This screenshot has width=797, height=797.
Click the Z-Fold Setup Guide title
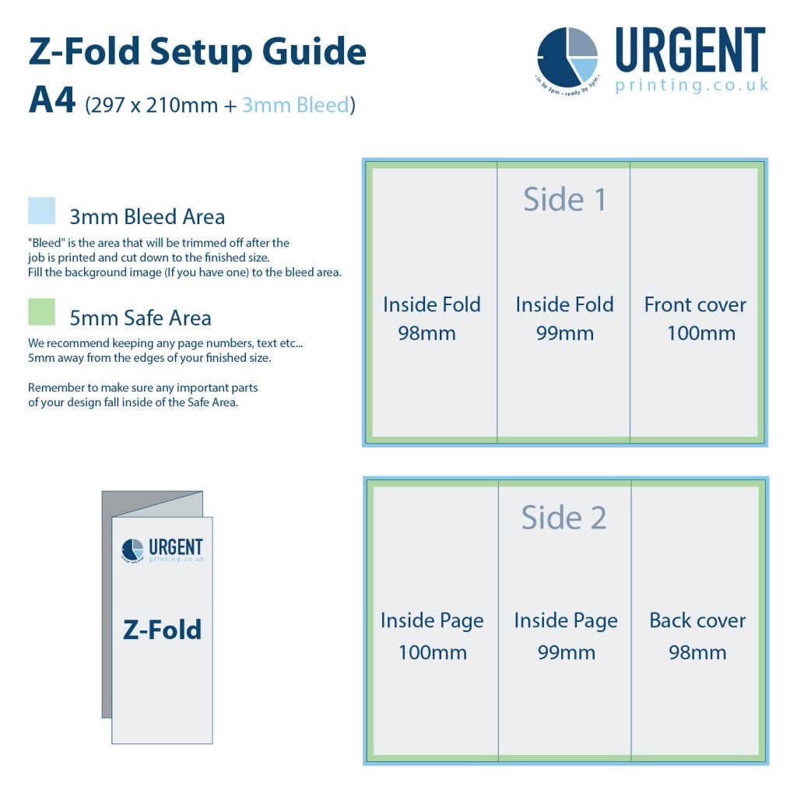(x=197, y=52)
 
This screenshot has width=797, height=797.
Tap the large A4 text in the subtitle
(x=51, y=101)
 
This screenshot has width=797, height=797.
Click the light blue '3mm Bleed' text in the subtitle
(x=295, y=104)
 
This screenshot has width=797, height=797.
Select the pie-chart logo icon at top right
(x=567, y=57)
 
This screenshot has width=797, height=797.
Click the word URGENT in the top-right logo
(x=690, y=50)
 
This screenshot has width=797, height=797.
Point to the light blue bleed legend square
(x=42, y=211)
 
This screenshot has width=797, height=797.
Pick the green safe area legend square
(x=42, y=312)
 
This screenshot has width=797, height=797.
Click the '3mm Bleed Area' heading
(x=147, y=216)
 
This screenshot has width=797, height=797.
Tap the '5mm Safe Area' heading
(x=140, y=318)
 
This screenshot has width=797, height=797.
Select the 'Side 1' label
(x=564, y=199)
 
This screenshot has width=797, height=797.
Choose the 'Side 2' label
(x=564, y=518)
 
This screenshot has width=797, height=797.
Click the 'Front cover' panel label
(x=695, y=304)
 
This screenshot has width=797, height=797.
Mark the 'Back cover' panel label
(x=697, y=620)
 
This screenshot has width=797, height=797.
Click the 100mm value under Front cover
(x=700, y=334)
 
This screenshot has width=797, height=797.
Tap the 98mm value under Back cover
(x=697, y=652)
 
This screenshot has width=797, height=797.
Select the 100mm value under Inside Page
(x=433, y=652)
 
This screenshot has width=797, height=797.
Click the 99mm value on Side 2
(x=566, y=652)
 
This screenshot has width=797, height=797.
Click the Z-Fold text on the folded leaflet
(x=162, y=629)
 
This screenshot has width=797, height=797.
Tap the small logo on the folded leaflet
(x=162, y=550)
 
